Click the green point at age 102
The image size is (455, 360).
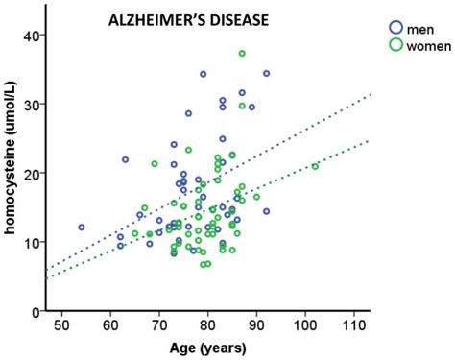tap(315, 166)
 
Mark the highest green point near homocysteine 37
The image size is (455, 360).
tap(242, 54)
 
